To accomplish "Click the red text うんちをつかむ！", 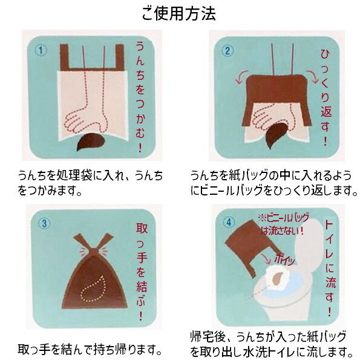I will click(x=140, y=94).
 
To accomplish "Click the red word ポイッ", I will click(x=284, y=258).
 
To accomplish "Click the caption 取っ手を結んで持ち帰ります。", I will click(x=90, y=350).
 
